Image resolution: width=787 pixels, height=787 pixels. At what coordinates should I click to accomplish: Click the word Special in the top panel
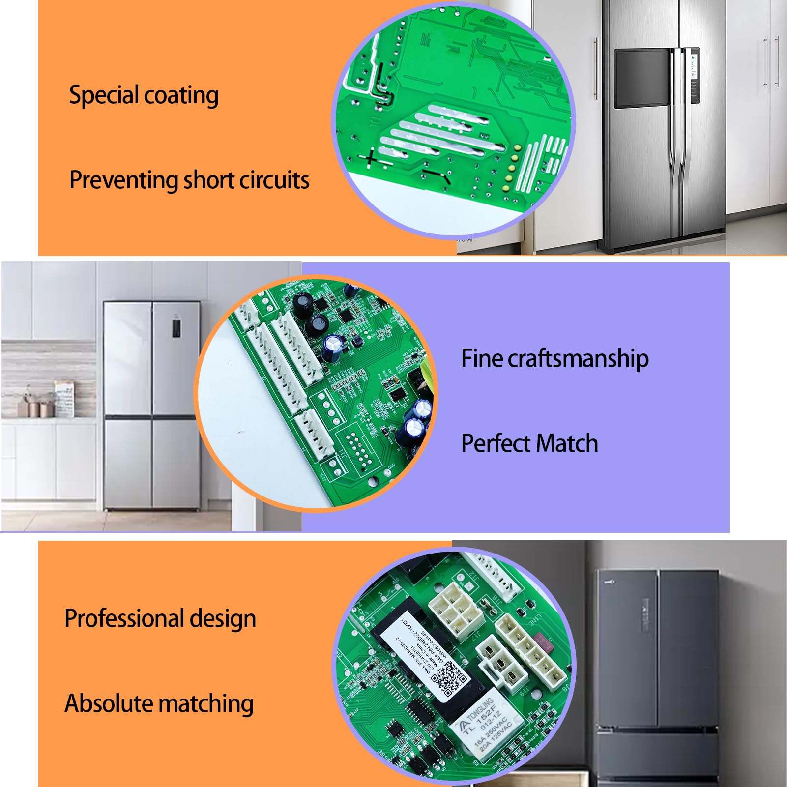[104, 95]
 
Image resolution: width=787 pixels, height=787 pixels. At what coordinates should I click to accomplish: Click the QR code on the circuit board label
[448, 679]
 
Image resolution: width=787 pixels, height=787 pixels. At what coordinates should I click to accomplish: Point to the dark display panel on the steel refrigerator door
[641, 78]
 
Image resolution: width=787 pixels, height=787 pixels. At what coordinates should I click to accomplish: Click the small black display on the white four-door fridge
[176, 328]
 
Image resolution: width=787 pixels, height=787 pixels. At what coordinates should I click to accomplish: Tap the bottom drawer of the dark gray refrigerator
[658, 759]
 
